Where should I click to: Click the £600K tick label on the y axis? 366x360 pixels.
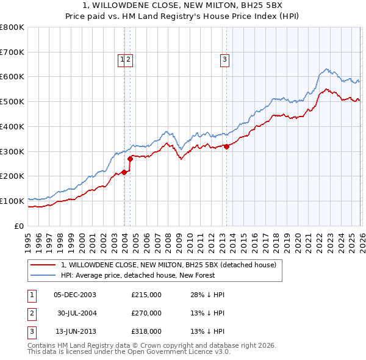(12, 77)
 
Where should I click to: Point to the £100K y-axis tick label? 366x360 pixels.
(12, 201)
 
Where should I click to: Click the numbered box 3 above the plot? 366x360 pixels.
(225, 59)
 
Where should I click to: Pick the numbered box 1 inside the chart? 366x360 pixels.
(122, 59)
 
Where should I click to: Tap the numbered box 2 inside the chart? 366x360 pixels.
(129, 59)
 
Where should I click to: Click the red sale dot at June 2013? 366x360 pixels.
(226, 146)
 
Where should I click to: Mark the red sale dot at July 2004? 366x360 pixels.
(131, 159)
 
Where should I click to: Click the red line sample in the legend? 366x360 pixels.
(43, 265)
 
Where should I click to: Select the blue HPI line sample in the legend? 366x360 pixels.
(43, 275)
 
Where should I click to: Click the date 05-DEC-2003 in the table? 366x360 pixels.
(75, 295)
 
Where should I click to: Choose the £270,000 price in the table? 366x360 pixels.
(146, 313)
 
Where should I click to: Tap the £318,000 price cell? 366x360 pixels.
(146, 331)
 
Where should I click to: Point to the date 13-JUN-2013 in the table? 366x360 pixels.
(75, 331)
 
